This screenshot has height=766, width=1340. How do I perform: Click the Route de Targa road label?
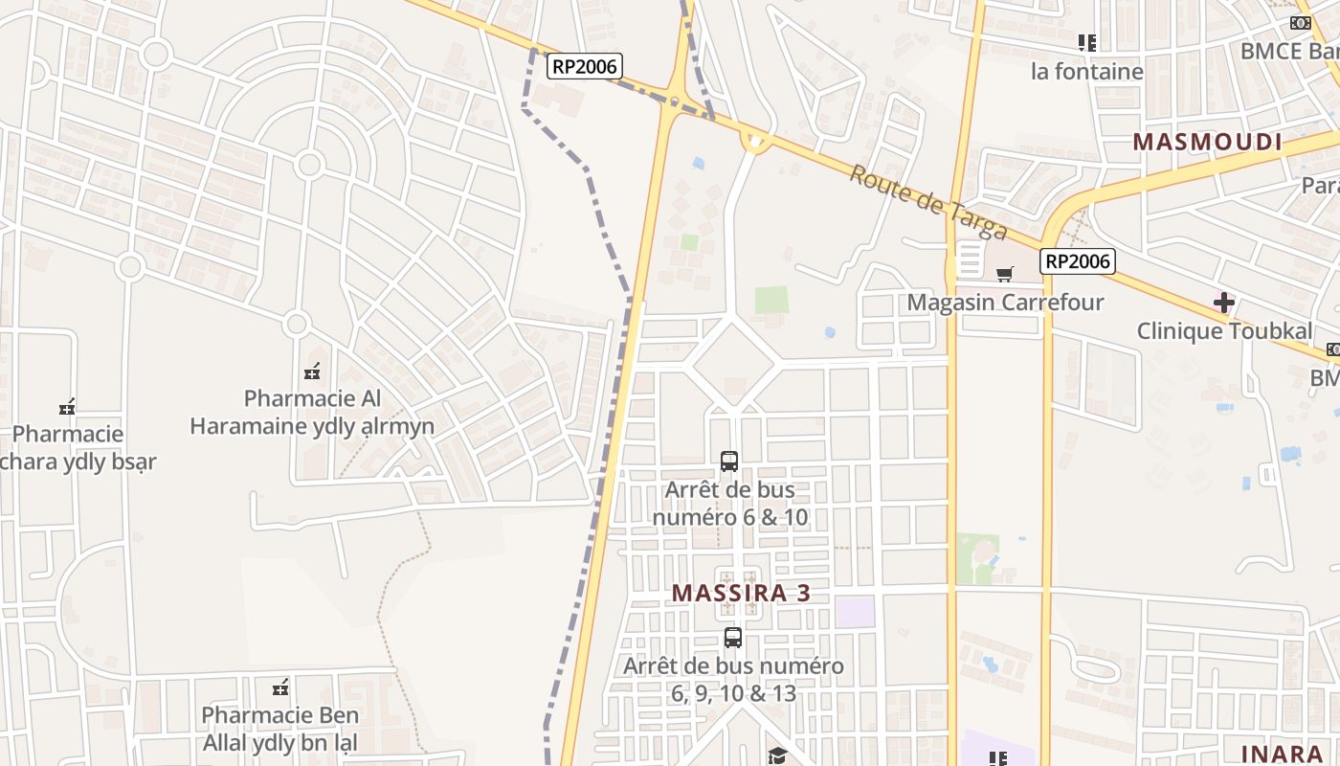928,203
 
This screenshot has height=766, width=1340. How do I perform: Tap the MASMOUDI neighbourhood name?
1207,143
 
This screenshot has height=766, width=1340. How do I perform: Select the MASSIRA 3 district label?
741,593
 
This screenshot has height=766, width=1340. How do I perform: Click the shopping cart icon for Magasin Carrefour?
1004,275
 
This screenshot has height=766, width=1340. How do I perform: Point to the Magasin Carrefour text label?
1005,303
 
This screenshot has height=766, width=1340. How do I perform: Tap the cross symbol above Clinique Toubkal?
1223,304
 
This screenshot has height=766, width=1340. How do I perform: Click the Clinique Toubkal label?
1224,331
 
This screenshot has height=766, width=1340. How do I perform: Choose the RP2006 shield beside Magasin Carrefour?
1078,261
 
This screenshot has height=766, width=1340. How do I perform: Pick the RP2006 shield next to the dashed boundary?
585,66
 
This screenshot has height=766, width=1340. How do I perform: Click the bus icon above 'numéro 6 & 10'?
729,462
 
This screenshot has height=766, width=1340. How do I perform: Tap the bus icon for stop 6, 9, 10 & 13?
733,638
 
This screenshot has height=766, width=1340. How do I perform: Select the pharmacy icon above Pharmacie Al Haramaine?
311,372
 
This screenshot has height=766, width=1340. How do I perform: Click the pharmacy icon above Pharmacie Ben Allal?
280,687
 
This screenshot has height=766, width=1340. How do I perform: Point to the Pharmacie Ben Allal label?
279,729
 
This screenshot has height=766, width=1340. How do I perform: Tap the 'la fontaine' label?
1086,72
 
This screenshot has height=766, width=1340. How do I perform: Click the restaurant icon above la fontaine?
1086,43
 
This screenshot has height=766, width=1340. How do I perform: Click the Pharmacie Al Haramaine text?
312,412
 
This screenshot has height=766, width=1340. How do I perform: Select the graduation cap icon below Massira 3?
776,756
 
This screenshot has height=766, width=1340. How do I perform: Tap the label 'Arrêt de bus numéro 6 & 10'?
730,504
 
